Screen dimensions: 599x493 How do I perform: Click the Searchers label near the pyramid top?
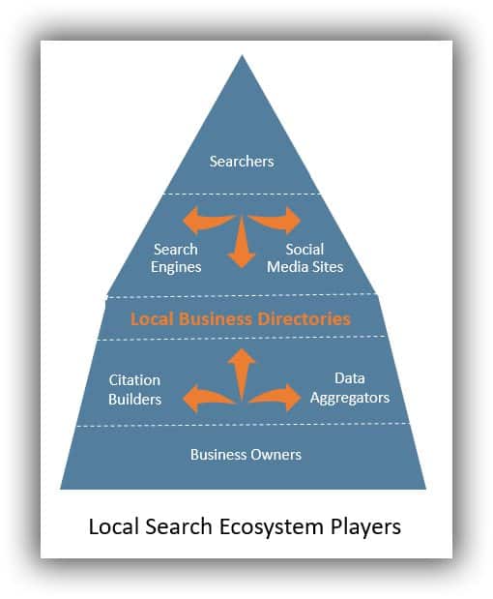pos(242,161)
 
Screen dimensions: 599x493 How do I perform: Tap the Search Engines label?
pos(176,258)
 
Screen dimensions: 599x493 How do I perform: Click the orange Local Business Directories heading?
pos(242,318)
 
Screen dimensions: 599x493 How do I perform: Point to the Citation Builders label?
pos(134,389)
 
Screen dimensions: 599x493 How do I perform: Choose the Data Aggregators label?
pos(349,387)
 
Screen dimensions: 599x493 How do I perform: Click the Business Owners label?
pos(246,454)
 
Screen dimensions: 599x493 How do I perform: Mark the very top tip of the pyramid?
pos(242,57)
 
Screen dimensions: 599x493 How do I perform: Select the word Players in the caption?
pos(366,528)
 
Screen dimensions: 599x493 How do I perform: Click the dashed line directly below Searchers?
pos(242,193)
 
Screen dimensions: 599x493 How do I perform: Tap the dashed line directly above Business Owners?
pos(242,424)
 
